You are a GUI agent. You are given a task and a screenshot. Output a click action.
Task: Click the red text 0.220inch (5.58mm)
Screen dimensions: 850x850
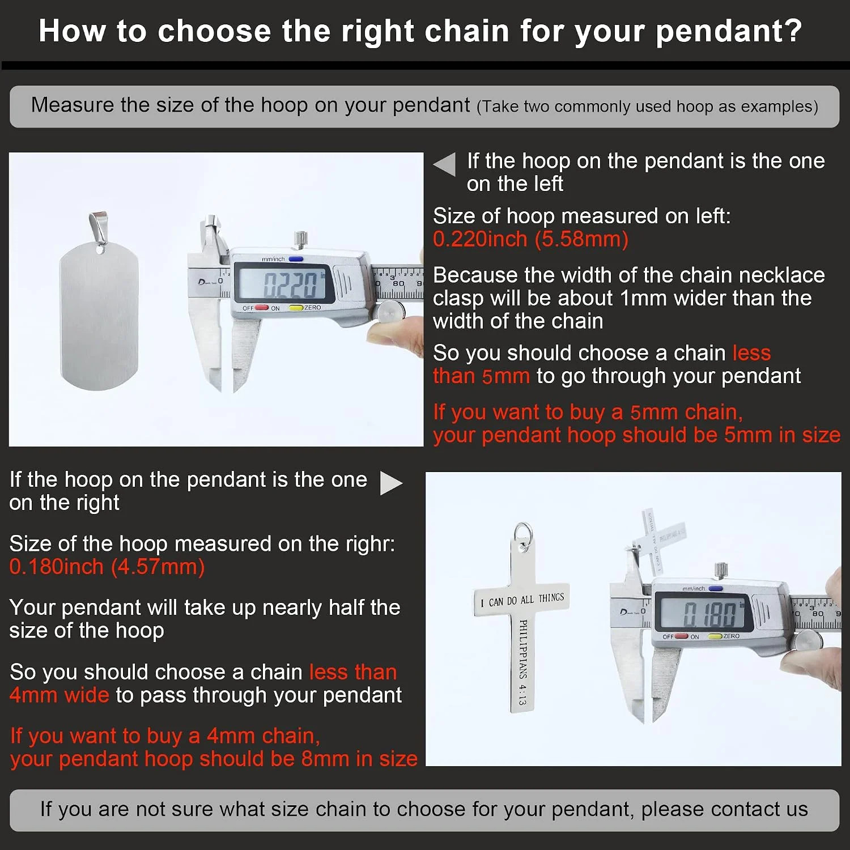[x=530, y=239]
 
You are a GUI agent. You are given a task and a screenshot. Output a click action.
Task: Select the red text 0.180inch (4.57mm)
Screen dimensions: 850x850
[x=107, y=567]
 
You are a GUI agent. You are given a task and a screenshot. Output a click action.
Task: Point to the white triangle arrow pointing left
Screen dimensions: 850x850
[x=445, y=164]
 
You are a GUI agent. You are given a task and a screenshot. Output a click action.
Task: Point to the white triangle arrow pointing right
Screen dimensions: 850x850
[x=391, y=483]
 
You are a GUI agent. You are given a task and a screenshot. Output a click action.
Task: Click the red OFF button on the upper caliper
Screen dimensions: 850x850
[x=261, y=308]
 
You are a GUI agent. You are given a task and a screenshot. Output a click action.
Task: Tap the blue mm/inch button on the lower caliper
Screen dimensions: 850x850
[x=715, y=588]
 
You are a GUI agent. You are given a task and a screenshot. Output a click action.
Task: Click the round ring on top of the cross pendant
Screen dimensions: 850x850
[x=523, y=536]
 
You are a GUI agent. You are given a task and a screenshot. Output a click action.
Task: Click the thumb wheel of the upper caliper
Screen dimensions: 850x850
[x=390, y=312]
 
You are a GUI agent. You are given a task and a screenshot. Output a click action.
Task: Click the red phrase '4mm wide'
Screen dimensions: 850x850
[x=59, y=695]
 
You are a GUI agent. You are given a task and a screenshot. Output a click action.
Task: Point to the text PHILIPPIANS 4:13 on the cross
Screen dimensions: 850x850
[x=523, y=662]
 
